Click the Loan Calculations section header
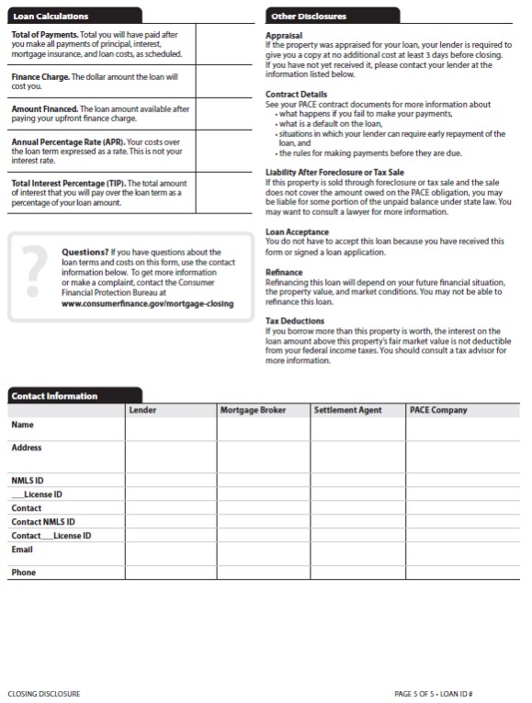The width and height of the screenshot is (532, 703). click(51, 17)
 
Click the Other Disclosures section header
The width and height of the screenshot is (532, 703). click(308, 17)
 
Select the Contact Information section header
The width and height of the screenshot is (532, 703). click(53, 396)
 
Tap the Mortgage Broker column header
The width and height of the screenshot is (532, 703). click(253, 410)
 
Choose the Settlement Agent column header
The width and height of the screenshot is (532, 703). click(347, 410)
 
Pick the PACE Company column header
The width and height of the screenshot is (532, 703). click(438, 410)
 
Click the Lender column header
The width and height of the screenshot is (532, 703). click(142, 410)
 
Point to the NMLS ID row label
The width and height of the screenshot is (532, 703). click(28, 481)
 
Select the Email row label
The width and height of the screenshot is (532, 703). click(22, 550)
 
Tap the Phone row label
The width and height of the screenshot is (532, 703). click(23, 573)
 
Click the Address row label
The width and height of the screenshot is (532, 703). click(27, 448)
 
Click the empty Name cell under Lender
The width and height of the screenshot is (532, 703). click(170, 427)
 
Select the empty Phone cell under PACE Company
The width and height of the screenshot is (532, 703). click(464, 573)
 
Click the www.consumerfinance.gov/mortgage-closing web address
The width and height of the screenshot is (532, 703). click(147, 302)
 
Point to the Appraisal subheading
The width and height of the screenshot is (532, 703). click(283, 34)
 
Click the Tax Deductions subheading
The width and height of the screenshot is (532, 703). click(294, 321)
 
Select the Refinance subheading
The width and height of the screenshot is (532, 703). click(283, 272)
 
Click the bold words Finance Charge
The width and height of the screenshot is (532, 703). click(40, 77)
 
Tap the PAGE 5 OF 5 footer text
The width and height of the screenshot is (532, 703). click(418, 693)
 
